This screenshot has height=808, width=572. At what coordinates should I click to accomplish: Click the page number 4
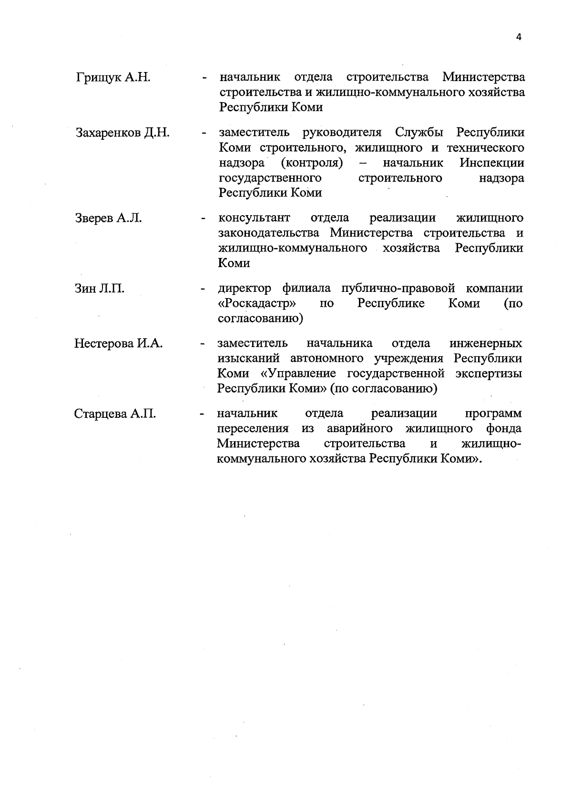pos(519,37)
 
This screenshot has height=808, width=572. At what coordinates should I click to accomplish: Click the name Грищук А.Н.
pos(113,77)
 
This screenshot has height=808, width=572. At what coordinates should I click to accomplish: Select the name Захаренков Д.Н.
pos(123,133)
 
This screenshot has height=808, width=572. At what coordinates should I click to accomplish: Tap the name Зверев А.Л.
pos(109,218)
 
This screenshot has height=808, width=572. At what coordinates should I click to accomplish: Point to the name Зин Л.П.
pos(100,289)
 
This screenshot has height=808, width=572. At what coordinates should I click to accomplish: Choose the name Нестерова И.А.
pos(119,343)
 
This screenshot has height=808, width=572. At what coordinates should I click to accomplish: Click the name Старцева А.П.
pos(115,414)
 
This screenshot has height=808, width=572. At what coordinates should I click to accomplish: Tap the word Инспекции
pos(492,163)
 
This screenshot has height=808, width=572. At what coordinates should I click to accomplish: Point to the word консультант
pos(254,218)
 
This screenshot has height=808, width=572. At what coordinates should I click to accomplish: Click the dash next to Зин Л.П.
pos(203,290)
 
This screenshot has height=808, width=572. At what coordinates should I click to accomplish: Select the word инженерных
pos(485,343)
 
